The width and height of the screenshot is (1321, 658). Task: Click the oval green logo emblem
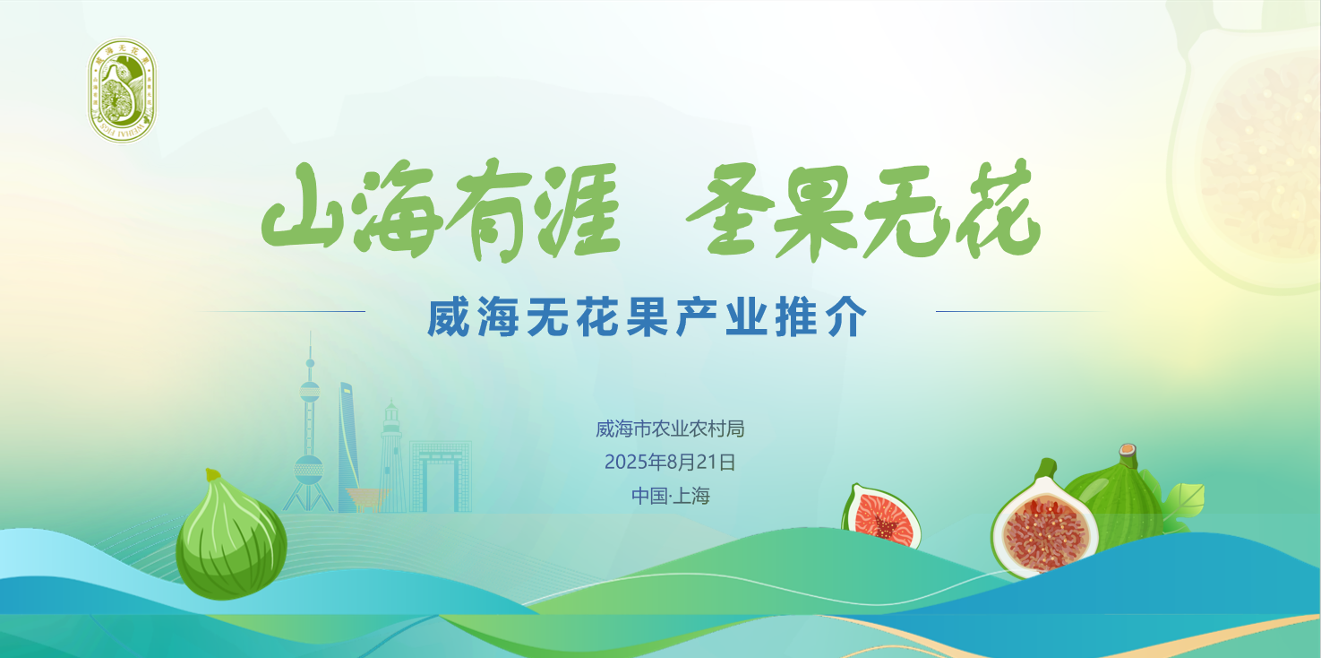(x=121, y=91)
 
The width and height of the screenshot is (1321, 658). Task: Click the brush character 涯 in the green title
(x=576, y=212)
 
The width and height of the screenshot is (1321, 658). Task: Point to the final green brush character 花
(x=997, y=212)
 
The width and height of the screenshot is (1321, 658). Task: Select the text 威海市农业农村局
(x=670, y=429)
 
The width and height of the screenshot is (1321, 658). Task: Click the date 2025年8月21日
(x=670, y=463)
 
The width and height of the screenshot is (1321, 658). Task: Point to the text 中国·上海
(x=670, y=495)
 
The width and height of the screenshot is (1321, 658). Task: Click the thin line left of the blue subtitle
(x=283, y=311)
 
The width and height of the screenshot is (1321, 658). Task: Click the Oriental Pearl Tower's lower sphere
(x=308, y=468)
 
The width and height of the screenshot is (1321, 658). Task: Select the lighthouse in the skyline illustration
(x=390, y=453)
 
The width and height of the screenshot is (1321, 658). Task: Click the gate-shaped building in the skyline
(x=441, y=473)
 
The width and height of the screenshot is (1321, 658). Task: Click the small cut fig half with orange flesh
(x=882, y=517)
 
